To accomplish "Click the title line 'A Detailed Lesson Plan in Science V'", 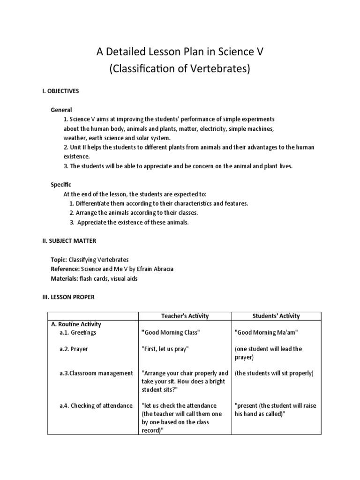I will click(180, 52).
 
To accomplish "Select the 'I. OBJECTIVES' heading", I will click(60, 91).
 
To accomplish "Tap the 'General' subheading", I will click(61, 110).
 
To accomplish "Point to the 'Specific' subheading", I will click(61, 185).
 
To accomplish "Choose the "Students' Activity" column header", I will click(276, 316).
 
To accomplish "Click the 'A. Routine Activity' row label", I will click(76, 324).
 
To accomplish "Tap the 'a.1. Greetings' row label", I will click(78, 332).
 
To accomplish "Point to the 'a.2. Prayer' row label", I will click(74, 349).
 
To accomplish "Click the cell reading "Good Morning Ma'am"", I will click(266, 332).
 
